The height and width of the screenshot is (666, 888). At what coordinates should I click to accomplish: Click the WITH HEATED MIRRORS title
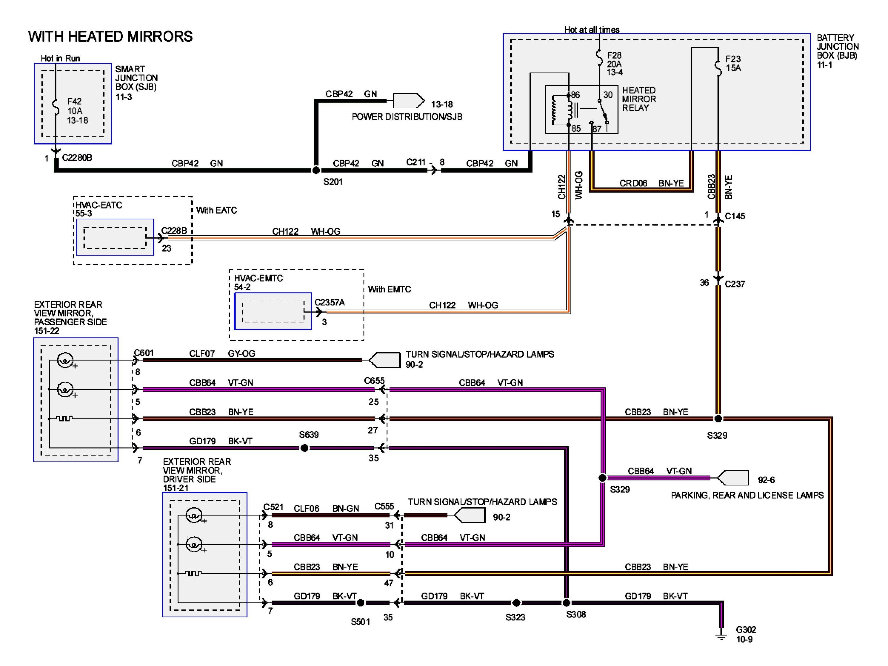tap(110, 36)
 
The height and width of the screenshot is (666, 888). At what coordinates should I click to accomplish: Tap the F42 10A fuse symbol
tap(56, 107)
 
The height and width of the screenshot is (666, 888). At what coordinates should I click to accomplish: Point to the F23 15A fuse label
tap(733, 63)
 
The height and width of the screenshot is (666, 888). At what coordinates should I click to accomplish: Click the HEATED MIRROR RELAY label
tap(639, 99)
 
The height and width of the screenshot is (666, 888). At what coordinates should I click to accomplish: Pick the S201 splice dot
tap(316, 170)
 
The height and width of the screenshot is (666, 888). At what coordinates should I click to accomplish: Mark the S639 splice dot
tap(305, 448)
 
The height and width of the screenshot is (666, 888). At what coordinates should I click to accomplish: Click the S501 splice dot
tap(361, 603)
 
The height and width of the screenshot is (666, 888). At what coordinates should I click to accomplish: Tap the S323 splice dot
tap(517, 603)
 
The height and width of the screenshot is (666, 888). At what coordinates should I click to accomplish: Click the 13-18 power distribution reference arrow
tap(408, 101)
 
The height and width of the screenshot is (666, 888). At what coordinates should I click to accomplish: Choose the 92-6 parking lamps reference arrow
tap(733, 478)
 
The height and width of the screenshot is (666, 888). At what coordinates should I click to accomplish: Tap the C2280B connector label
tap(77, 158)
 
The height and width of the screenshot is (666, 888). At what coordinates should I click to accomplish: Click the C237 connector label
tap(735, 284)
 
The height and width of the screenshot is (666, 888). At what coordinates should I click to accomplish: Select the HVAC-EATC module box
tap(115, 237)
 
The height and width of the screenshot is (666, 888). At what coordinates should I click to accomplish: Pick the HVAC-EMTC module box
tap(273, 311)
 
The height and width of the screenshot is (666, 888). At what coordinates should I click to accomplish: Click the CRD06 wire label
tap(633, 184)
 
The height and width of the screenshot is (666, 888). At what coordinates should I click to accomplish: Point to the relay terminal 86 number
tap(575, 95)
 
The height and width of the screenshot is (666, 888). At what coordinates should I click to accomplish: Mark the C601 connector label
tap(144, 353)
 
